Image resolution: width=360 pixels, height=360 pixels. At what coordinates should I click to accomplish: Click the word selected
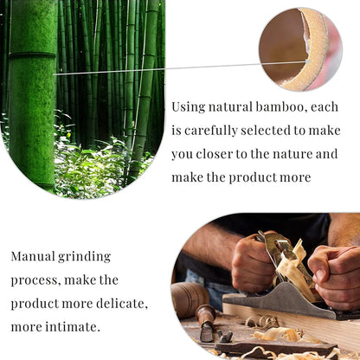pyautogui.click(x=283, y=131)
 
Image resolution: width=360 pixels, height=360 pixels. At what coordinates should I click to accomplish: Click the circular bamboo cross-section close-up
pyautogui.click(x=300, y=49)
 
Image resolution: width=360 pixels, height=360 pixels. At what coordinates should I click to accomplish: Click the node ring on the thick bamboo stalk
pyautogui.click(x=33, y=55)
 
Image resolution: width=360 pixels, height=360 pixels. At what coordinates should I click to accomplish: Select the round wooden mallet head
pyautogui.click(x=187, y=299)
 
